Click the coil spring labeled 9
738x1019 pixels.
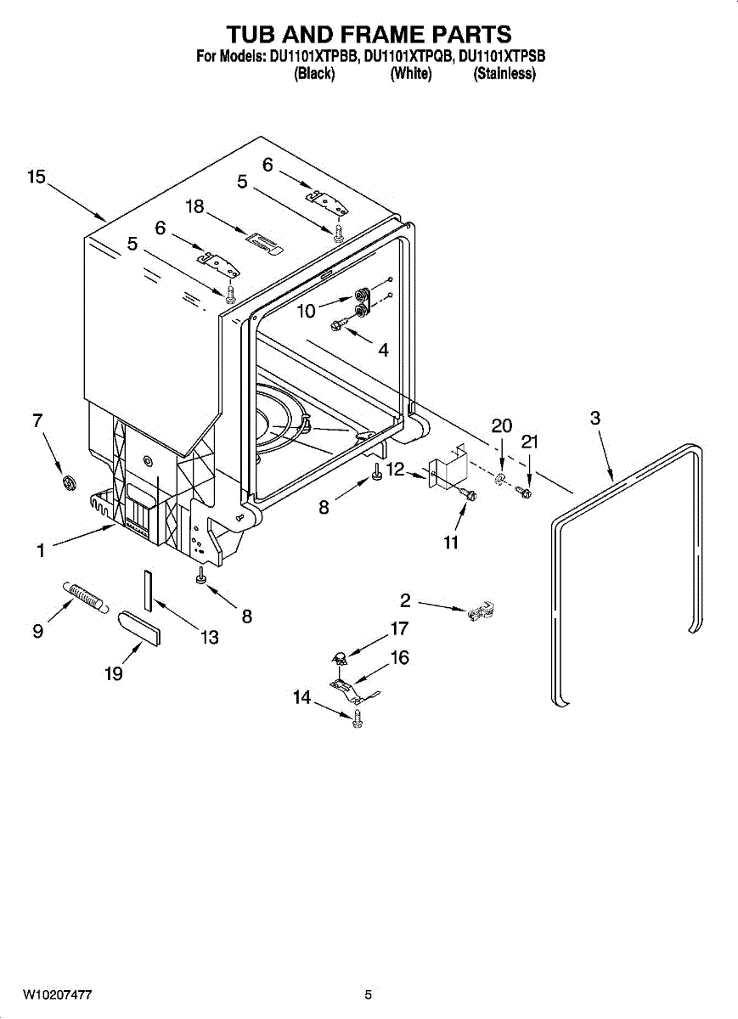click(x=86, y=596)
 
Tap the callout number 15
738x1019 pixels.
click(x=37, y=177)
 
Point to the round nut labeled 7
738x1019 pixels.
click(x=69, y=482)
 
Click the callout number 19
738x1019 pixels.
click(x=114, y=673)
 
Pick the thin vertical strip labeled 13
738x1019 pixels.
click(x=148, y=590)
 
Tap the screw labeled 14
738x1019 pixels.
click(x=357, y=718)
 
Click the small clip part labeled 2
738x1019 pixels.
click(x=481, y=611)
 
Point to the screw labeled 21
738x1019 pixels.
click(x=523, y=492)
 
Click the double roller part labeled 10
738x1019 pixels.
click(x=362, y=303)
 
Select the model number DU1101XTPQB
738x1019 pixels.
click(x=409, y=56)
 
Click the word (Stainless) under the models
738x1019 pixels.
click(x=504, y=73)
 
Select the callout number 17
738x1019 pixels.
click(x=399, y=628)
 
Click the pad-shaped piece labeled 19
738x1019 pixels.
click(x=139, y=628)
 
